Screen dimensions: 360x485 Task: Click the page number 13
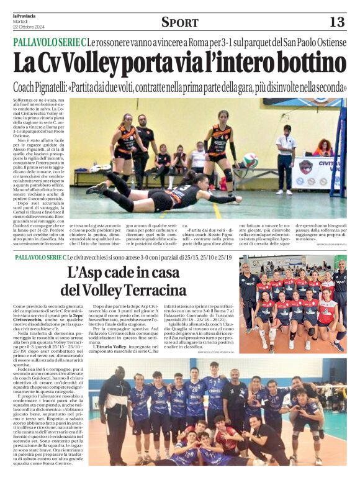pos(336,22)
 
